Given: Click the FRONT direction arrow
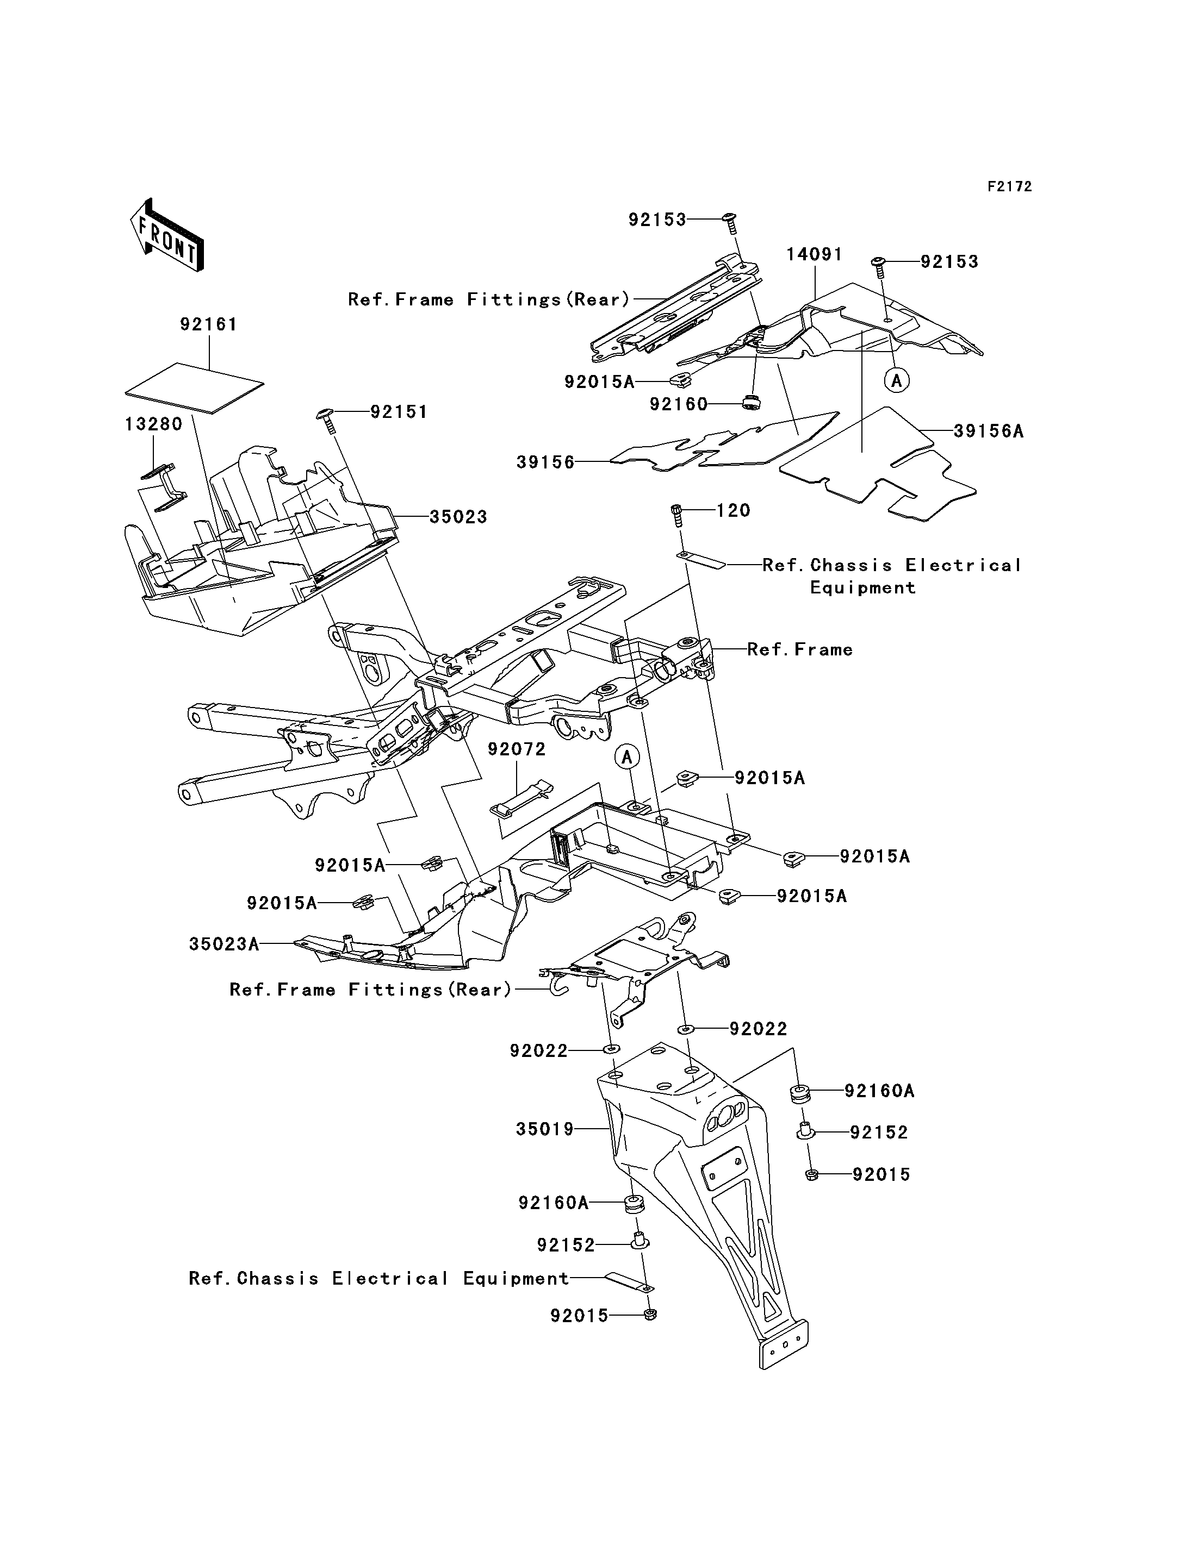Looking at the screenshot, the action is [167, 234].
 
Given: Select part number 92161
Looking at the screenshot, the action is [209, 324].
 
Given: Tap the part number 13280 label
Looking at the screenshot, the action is [154, 424].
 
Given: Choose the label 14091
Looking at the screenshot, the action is [815, 254].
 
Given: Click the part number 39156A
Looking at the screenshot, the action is [989, 431].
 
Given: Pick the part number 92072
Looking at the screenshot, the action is [517, 749].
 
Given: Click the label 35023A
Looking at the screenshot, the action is [224, 944].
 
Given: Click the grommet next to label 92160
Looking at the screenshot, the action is [750, 402].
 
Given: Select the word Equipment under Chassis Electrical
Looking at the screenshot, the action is [863, 588].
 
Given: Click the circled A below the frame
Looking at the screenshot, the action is [627, 758].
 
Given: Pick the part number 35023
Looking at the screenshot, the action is [459, 517].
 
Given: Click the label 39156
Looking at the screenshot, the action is [545, 462].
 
